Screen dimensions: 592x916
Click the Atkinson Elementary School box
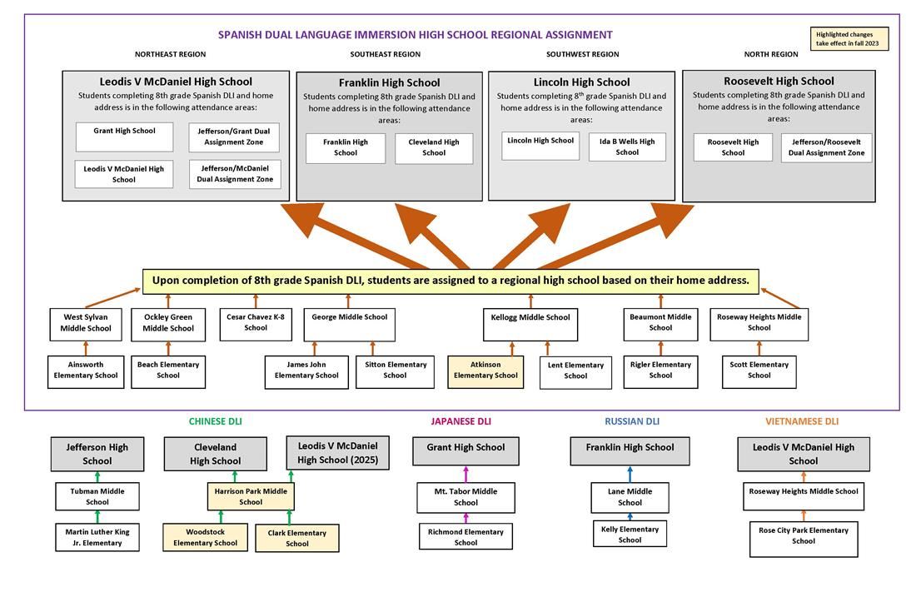coord(485,371)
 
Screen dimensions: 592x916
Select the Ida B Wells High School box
coord(627,147)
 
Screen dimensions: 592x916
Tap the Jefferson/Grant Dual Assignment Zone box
coord(234,137)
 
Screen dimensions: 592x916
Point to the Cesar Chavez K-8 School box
coord(256,322)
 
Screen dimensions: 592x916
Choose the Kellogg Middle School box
coord(530,324)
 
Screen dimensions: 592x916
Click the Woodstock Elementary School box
coord(205,537)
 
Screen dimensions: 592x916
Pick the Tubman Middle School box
coord(97,496)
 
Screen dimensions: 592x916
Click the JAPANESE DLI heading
coord(460,421)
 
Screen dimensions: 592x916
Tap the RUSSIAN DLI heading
coord(632,421)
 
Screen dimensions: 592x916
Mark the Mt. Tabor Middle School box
coord(465,497)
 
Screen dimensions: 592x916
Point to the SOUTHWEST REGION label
coord(582,54)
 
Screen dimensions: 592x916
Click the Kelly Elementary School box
coord(630,534)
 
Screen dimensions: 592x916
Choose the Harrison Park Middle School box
coord(251,496)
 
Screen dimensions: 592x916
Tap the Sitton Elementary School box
coord(395,371)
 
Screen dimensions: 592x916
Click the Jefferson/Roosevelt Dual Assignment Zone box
coord(827,147)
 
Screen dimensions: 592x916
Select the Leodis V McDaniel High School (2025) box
coord(337,453)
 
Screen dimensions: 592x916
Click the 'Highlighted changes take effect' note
coord(849,38)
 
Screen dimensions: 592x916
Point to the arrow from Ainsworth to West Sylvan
coord(85,348)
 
